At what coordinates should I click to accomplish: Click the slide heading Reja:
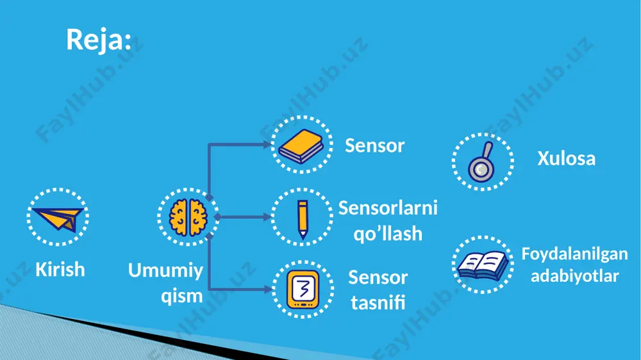pos(99,40)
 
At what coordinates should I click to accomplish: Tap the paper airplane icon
pos(58,219)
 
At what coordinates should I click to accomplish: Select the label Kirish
pos(60,270)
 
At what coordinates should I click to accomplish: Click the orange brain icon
pos(188,217)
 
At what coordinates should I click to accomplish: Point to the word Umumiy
pos(165,271)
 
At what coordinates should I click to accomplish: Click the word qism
pos(182,296)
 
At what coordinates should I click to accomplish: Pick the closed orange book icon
pos(301,146)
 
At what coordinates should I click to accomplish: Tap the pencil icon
pos(303,219)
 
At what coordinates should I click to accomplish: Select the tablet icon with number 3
pos(303,289)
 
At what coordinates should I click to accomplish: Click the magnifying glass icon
pos(482,162)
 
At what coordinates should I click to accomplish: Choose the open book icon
pos(483,266)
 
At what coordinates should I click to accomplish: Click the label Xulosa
pos(566,159)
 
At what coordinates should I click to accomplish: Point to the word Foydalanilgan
pos(575,254)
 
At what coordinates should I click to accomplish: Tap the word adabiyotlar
pos(575,276)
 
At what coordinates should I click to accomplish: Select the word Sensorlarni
pos(388,208)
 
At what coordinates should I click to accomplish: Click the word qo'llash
pos(388,234)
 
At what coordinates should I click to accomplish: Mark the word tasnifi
pos(378,303)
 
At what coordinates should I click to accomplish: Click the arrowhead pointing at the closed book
pos(267,144)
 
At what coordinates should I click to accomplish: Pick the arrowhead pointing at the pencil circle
pos(267,217)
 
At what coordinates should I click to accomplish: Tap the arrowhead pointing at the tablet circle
pos(268,290)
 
